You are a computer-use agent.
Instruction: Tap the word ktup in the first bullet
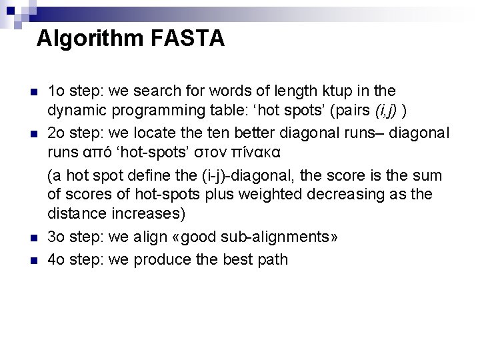click(x=339, y=90)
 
